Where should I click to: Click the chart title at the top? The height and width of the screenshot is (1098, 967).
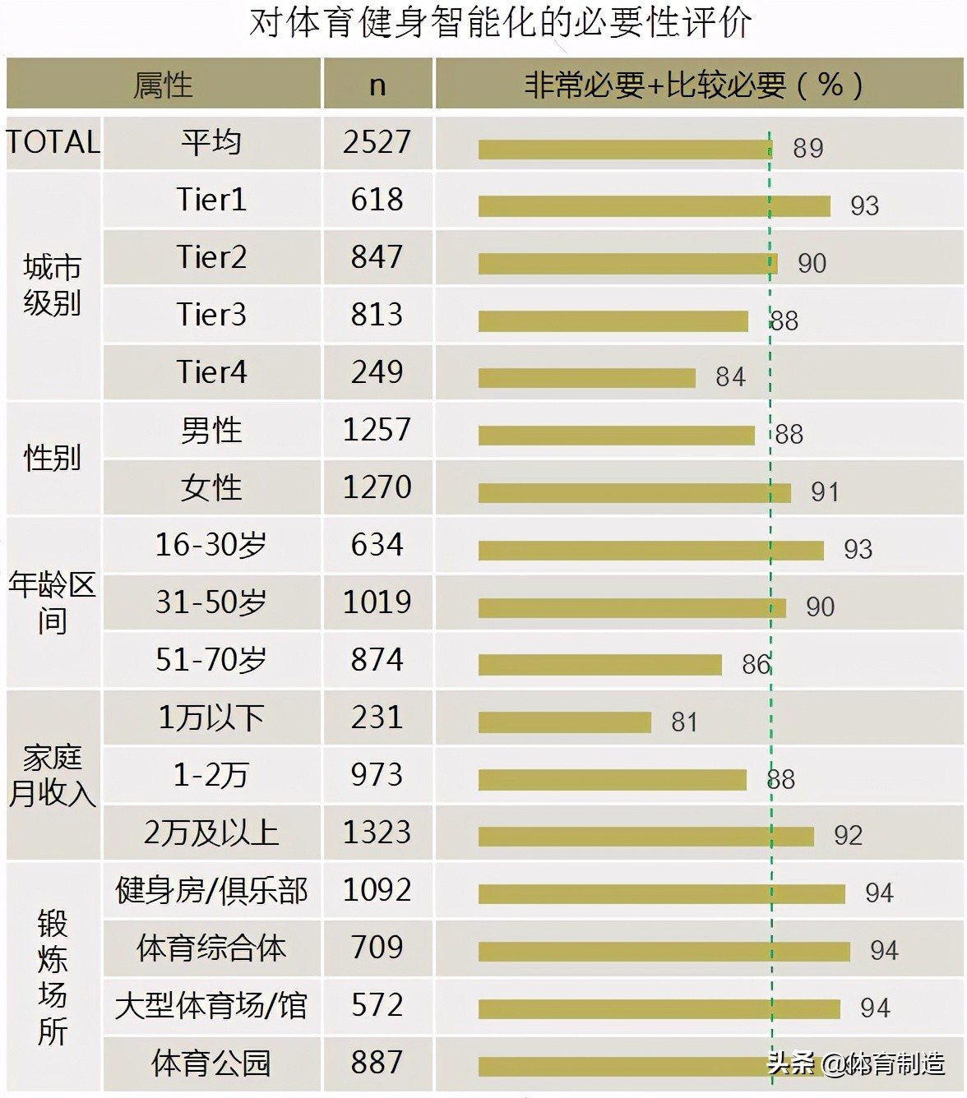tap(500, 23)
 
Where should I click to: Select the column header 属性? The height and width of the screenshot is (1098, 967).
tap(163, 85)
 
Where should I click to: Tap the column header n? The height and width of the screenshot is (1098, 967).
tap(377, 85)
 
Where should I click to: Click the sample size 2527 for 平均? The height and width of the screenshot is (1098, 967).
tap(377, 142)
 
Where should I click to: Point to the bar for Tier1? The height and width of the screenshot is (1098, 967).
tap(654, 205)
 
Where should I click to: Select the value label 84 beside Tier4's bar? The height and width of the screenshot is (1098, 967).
tap(730, 377)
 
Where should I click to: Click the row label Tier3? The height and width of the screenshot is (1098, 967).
tap(211, 315)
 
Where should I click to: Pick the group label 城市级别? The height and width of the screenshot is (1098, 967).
tap(52, 285)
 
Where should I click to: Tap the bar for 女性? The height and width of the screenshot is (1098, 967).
tap(634, 492)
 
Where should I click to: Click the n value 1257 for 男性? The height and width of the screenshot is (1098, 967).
tap(377, 430)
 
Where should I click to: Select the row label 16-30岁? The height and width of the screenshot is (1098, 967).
tap(211, 545)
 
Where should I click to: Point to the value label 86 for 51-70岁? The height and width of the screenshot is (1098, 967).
tap(756, 664)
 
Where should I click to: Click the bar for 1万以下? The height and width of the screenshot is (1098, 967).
tap(564, 722)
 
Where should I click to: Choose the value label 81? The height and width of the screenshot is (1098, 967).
tap(684, 722)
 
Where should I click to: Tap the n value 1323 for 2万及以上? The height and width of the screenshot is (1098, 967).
tap(377, 833)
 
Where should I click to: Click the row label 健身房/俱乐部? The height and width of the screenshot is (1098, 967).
tap(211, 890)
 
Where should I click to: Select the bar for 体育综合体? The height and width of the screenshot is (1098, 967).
tap(664, 951)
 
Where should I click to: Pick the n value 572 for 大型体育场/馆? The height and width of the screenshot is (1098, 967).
tap(377, 1005)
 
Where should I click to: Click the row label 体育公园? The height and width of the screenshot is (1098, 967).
tap(211, 1063)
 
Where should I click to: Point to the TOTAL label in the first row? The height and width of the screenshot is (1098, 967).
tap(53, 142)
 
